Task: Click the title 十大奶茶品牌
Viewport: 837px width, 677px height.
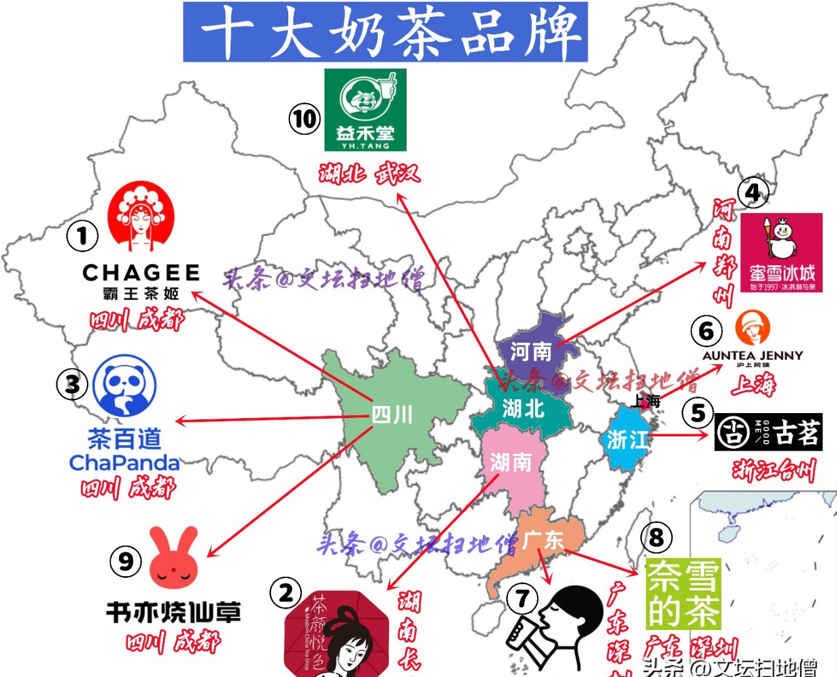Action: [x=385, y=32]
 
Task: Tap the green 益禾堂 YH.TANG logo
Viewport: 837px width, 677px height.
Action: [x=365, y=110]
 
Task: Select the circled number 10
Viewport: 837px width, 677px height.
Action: [x=304, y=118]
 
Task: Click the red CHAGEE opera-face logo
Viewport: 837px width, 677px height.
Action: [x=140, y=216]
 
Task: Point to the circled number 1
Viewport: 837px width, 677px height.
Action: [x=82, y=236]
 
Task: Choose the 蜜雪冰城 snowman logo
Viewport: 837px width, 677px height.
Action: [x=781, y=253]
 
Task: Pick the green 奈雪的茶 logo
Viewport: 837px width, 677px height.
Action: [x=684, y=593]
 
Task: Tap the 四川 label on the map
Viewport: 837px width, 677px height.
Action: [x=392, y=415]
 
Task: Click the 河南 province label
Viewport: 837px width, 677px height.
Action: [x=531, y=352]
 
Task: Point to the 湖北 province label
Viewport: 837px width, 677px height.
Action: [x=523, y=409]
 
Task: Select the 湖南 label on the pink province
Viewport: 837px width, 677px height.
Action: [x=511, y=463]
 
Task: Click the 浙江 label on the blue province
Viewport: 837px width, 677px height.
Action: [x=627, y=439]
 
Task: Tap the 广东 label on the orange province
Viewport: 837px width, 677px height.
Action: [x=543, y=540]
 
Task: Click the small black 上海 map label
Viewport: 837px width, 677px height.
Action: [x=645, y=401]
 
